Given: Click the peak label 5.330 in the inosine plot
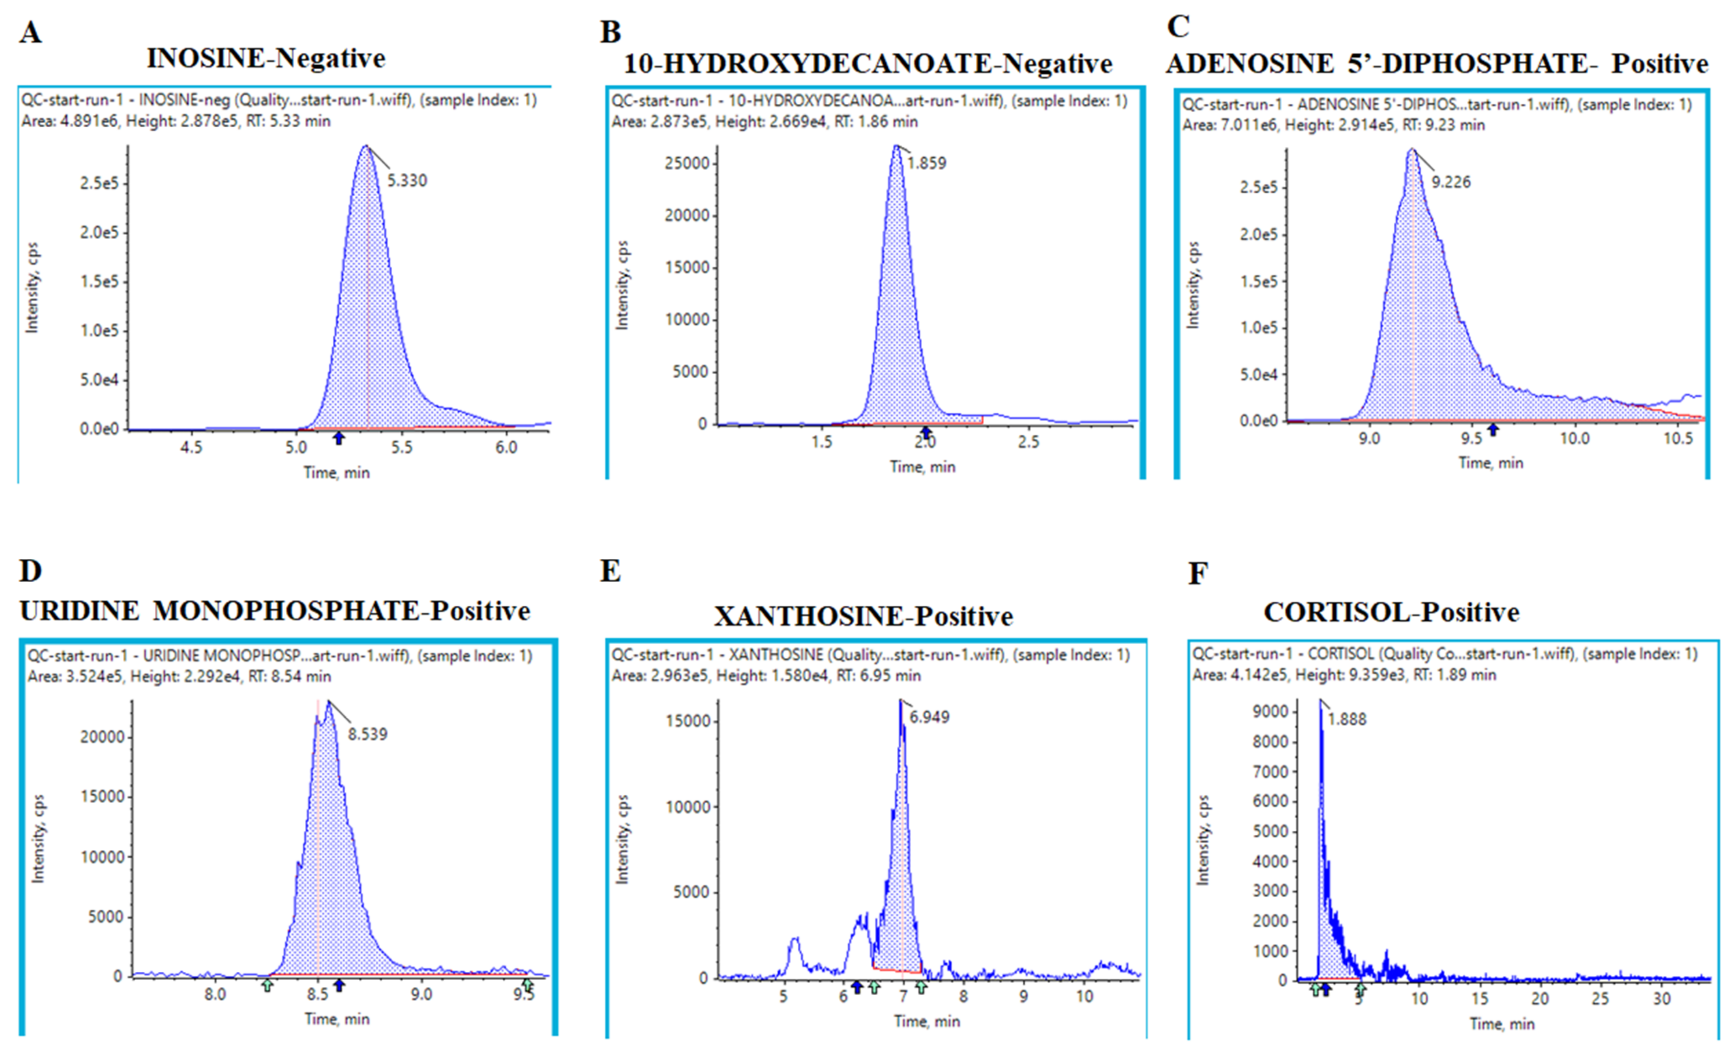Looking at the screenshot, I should pyautogui.click(x=407, y=180).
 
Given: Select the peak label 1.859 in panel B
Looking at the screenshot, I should pyautogui.click(x=926, y=163).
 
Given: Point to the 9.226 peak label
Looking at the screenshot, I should pyautogui.click(x=1451, y=182).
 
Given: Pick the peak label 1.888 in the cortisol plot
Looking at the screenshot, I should pyautogui.click(x=1347, y=719).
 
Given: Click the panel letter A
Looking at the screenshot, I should pyautogui.click(x=30, y=32).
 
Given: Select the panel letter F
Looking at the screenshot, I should pyautogui.click(x=1198, y=573).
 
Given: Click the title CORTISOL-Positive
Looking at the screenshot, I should pyautogui.click(x=1391, y=612).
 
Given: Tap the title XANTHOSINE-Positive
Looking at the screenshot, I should pyautogui.click(x=864, y=616).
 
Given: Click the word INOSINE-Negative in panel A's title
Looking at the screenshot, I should pyautogui.click(x=265, y=58).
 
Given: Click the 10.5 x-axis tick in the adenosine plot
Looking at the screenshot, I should pyautogui.click(x=1678, y=438).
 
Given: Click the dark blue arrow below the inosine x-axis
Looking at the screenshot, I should pyautogui.click(x=339, y=438).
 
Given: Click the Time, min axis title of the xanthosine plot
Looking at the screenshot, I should pyautogui.click(x=927, y=1021).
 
